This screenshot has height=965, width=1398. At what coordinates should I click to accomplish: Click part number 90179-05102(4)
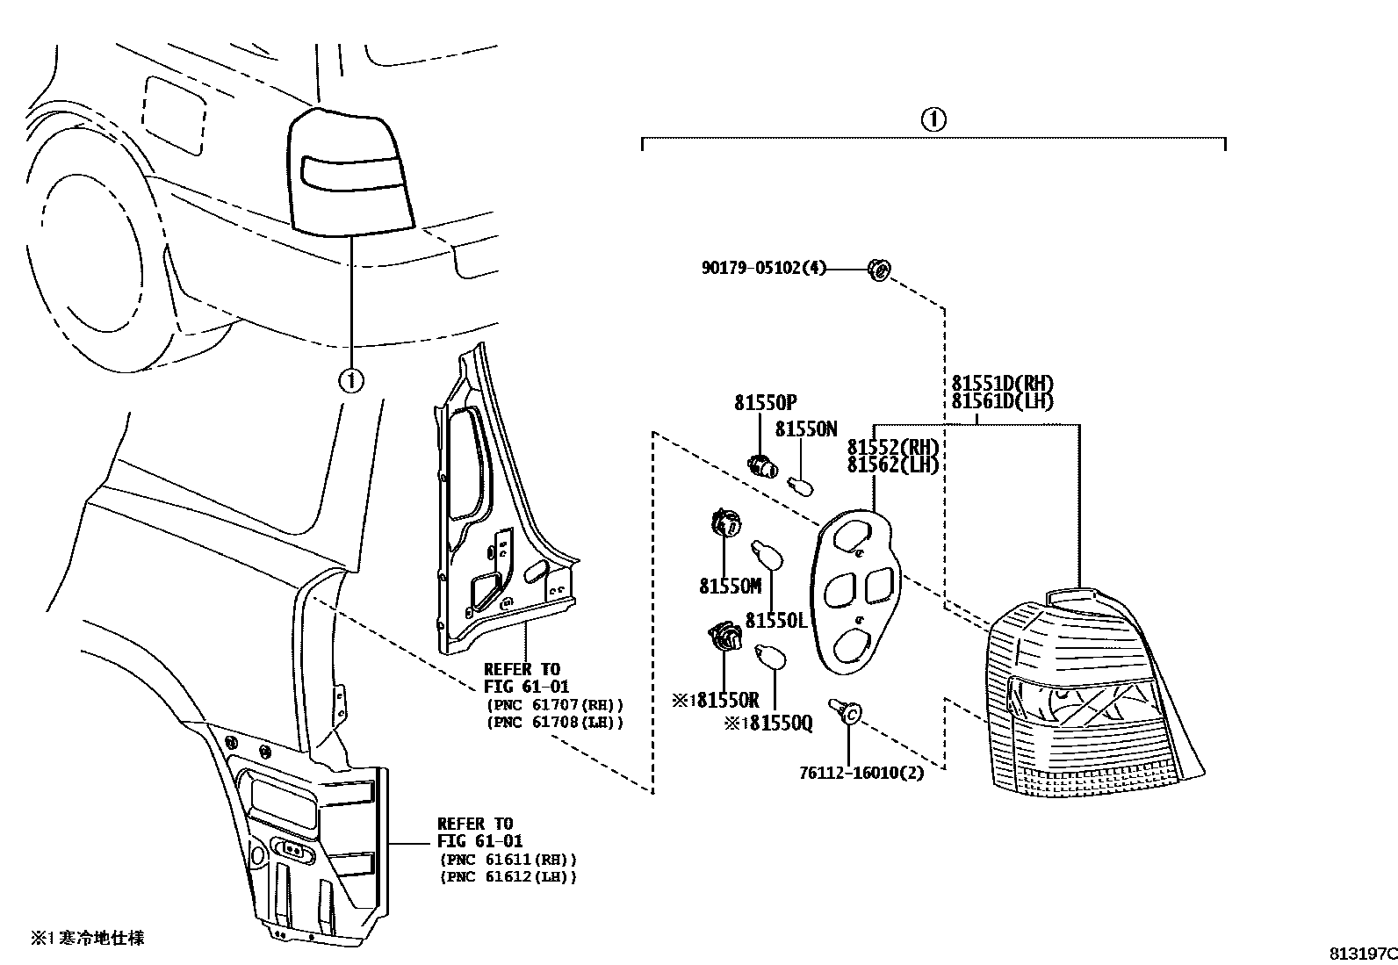pos(764,268)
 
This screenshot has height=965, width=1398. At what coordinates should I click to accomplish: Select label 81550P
pos(765,402)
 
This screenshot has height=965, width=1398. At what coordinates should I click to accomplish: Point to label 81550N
pos(806,429)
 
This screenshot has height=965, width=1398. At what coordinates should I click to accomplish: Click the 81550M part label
pos(730,586)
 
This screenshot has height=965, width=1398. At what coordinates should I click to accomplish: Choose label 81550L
pos(775,621)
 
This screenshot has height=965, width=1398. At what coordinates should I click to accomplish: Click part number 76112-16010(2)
pos(861,774)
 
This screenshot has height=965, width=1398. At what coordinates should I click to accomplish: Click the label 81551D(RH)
pos(1002,384)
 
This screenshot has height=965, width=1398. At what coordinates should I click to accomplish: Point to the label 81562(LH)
pos(893,464)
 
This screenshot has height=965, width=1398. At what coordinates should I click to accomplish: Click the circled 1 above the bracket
pos(933,119)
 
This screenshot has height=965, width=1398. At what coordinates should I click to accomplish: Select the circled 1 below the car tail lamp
pos(350,380)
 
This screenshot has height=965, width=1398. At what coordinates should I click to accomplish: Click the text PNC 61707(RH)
pos(554,705)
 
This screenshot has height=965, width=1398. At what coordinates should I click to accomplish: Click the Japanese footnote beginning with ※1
pos(88,939)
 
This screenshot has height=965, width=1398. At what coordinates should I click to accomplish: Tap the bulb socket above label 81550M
pos(724,524)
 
